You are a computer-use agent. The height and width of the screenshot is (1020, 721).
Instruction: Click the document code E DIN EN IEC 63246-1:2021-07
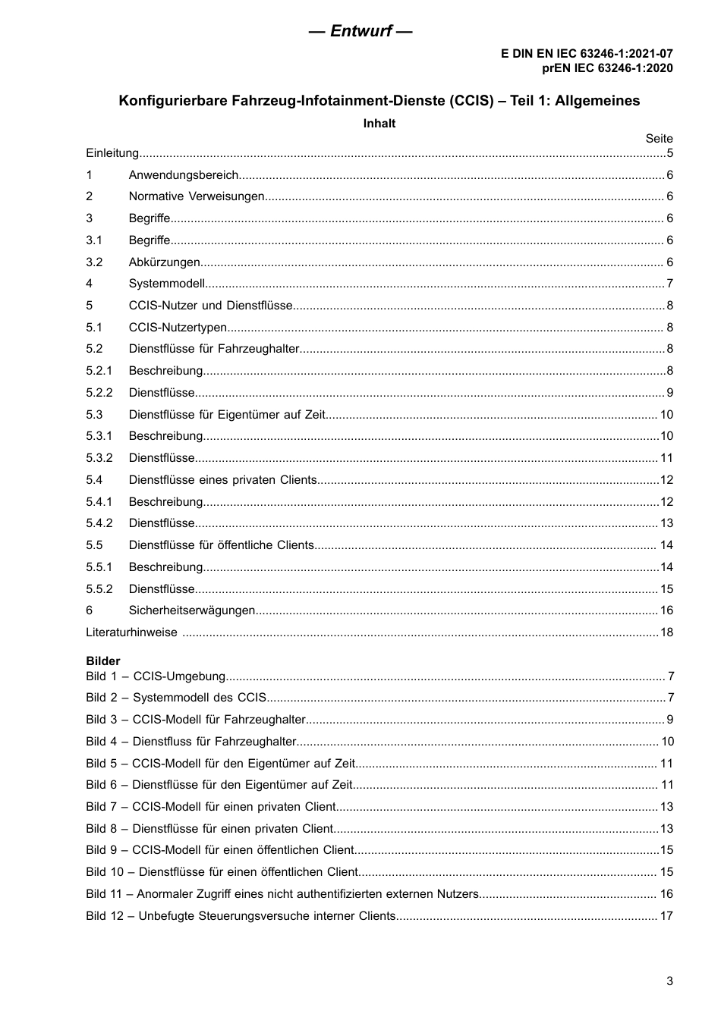(586, 54)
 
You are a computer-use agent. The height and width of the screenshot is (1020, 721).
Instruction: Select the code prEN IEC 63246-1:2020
(606, 67)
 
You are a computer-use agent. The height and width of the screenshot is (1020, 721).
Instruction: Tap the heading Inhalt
(379, 124)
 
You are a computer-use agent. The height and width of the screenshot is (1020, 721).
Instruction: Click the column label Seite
(659, 138)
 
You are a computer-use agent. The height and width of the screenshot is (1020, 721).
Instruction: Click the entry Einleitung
(112, 153)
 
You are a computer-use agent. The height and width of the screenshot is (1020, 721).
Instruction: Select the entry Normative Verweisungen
(197, 196)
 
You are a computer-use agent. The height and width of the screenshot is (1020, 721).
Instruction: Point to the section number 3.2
(94, 262)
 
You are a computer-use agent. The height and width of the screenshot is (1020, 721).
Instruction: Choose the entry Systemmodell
(167, 284)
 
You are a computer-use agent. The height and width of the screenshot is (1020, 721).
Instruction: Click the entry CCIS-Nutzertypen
(178, 328)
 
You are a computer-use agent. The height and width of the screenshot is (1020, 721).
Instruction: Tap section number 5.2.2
(99, 393)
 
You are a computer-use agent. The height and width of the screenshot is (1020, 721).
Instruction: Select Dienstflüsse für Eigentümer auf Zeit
(227, 415)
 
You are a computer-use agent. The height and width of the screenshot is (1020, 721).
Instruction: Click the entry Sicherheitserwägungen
(192, 610)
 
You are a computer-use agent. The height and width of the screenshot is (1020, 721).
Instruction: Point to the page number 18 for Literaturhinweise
(666, 632)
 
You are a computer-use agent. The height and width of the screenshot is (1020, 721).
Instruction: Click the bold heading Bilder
(103, 661)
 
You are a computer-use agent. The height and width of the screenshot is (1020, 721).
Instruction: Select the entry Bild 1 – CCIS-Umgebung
(156, 676)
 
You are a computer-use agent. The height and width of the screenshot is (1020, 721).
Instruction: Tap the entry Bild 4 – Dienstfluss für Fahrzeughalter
(190, 742)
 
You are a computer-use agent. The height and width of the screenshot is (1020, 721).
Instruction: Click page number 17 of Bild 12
(666, 916)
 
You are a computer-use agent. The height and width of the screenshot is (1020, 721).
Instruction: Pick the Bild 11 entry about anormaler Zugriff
(282, 894)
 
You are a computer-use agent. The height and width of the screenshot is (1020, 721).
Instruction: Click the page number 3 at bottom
(669, 981)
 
